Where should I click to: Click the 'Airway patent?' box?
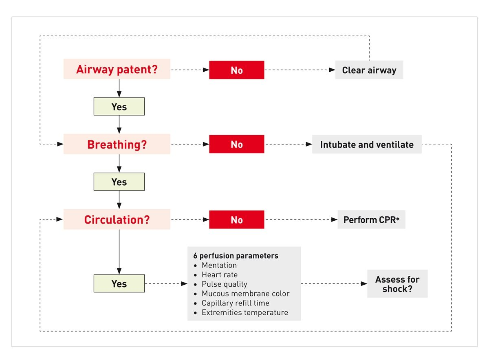pos(117,70)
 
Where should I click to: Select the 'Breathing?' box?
pos(117,145)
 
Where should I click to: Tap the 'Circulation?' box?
pos(117,220)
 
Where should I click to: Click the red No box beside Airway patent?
pos(236,70)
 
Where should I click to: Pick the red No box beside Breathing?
pos(236,145)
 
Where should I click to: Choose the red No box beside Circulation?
pos(236,220)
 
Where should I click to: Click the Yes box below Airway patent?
pos(119,107)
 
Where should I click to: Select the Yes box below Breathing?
pos(119,182)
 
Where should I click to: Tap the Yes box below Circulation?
pos(119,283)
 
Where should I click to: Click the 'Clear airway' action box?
pos(369,70)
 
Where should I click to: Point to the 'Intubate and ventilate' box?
pos(366,145)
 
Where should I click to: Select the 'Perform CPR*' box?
pos(371,220)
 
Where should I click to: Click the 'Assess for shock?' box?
pos(397,284)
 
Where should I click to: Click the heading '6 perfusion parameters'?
pos(236,256)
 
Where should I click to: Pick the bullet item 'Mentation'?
pos(219,265)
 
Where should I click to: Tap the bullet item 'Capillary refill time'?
pos(235,303)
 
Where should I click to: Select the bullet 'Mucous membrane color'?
pos(245,294)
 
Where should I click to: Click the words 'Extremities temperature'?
pos(244,312)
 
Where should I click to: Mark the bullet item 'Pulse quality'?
pos(224,284)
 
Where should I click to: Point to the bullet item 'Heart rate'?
pos(219,274)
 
